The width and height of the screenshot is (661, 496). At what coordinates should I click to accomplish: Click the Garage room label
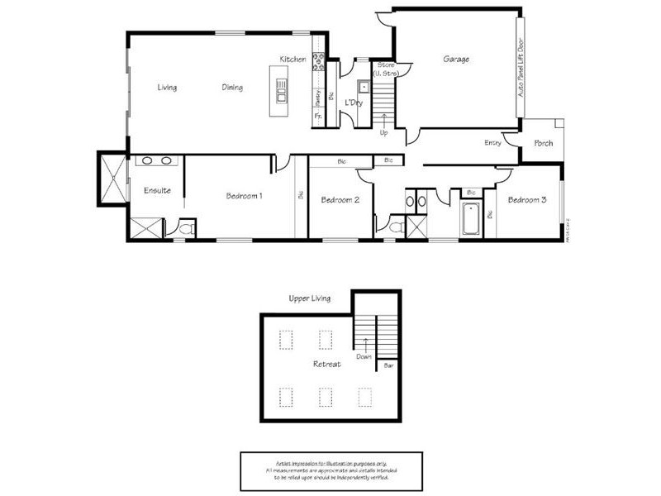(x=456, y=60)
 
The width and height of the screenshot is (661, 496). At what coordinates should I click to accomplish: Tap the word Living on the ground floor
(x=167, y=88)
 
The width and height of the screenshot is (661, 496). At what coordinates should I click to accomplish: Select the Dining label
(x=232, y=88)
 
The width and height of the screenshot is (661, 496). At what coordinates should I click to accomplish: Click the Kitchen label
(x=292, y=60)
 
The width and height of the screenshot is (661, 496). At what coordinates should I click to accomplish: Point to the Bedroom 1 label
(x=244, y=197)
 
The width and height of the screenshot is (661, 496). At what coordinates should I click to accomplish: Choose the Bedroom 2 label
(x=340, y=200)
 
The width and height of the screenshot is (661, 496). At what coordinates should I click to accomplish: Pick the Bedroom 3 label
(x=527, y=200)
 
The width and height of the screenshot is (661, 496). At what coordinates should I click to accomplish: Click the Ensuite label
(x=157, y=191)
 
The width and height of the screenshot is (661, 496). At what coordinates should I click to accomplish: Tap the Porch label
(x=544, y=143)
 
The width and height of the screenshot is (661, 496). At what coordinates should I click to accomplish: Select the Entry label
(x=493, y=143)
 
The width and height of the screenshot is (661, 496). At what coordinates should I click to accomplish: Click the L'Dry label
(x=354, y=103)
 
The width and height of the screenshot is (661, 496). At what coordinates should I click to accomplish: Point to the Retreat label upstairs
(x=326, y=365)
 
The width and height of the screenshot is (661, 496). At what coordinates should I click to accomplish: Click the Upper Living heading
(x=310, y=298)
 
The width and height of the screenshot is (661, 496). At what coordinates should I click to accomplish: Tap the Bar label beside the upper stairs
(x=388, y=364)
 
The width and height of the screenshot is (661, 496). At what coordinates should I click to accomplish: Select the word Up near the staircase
(x=383, y=132)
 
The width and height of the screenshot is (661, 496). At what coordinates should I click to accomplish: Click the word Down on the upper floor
(x=364, y=357)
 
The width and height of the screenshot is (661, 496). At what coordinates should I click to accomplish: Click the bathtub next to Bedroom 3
(x=472, y=220)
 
